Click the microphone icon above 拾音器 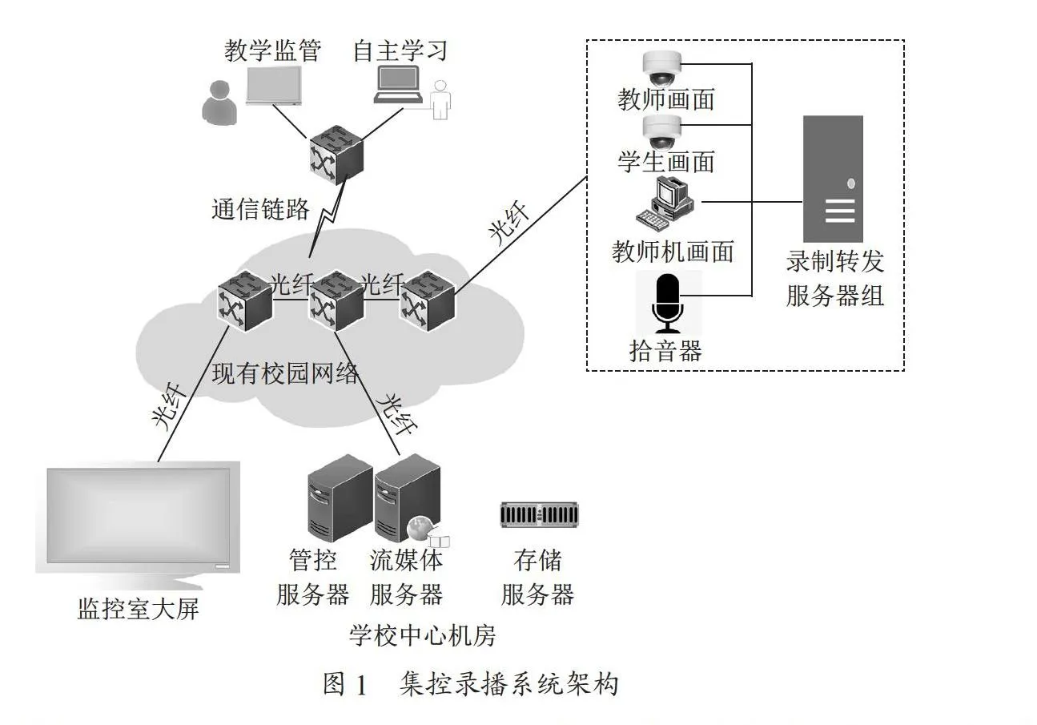tap(667, 303)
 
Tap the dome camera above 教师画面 tap(662, 68)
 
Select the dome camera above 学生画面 tap(662, 132)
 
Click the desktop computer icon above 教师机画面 tap(665, 204)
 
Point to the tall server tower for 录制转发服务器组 tap(833, 179)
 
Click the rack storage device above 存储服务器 tap(540, 514)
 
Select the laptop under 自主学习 tap(399, 84)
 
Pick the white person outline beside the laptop tap(440, 100)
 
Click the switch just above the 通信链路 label tap(336, 155)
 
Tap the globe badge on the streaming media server tap(420, 528)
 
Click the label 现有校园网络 tap(285, 373)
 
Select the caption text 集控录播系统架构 tap(509, 684)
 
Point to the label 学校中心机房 tap(423, 635)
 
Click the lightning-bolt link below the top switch tap(328, 220)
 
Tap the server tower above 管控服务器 tap(340, 497)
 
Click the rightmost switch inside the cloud tap(428, 301)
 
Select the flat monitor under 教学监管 tap(274, 86)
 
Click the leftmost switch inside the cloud tap(245, 301)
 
